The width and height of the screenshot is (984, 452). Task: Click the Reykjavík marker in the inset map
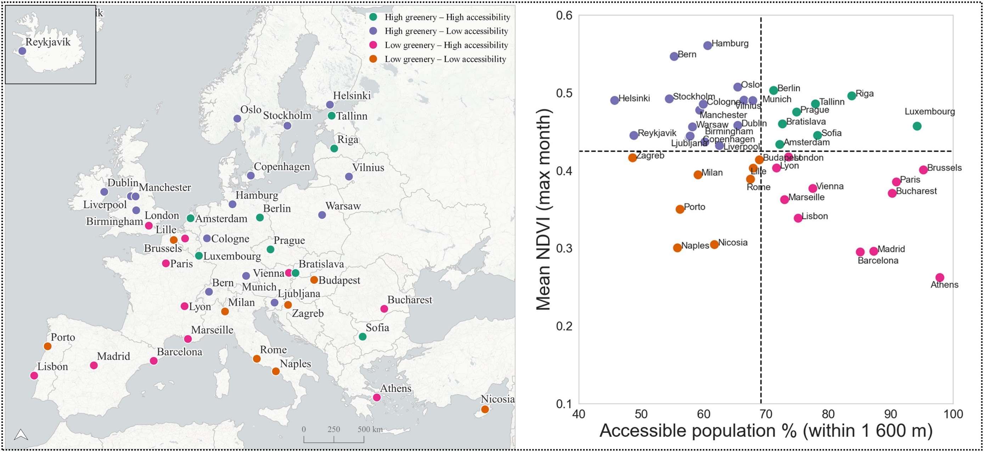tap(22, 51)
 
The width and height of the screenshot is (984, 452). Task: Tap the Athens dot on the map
tap(377, 397)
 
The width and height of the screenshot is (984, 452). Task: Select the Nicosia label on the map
tap(497, 399)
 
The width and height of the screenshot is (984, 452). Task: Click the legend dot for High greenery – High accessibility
tap(373, 17)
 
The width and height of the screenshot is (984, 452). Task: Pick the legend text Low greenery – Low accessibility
tap(445, 59)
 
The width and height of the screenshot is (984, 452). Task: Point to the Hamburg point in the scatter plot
tap(708, 45)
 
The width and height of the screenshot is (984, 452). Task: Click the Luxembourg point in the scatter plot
tap(917, 126)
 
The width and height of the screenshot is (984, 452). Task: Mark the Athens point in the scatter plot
tap(940, 278)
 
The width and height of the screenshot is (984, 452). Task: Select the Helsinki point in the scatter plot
tap(614, 100)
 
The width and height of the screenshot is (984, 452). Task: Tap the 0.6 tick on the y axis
tap(564, 15)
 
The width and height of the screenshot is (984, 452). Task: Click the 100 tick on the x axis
tap(953, 414)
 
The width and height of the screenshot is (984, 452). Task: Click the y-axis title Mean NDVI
tap(543, 210)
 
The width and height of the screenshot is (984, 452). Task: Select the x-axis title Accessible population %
tap(765, 431)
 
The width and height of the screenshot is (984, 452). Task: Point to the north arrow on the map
tap(21, 434)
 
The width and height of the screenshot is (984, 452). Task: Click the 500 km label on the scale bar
tap(370, 429)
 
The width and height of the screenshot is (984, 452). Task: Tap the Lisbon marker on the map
tap(34, 375)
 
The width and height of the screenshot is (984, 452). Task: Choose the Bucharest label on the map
tap(410, 300)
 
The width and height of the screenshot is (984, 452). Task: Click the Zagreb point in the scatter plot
tap(632, 158)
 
